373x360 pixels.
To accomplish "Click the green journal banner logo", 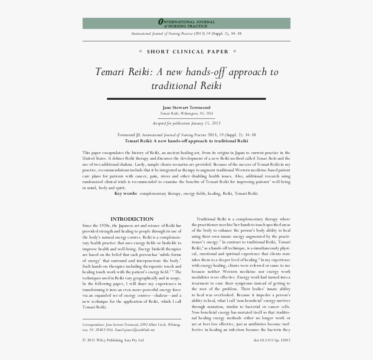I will (x=186, y=23).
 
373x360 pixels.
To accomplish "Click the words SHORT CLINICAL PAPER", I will (x=187, y=52).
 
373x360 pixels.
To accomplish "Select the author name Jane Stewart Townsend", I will (x=186, y=107).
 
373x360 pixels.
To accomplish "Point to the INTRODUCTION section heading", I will (x=132, y=219).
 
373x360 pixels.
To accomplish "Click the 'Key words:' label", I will (x=126, y=193).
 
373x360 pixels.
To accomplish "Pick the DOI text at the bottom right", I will (x=272, y=340).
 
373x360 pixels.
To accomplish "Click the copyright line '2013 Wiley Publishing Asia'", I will (x=115, y=340).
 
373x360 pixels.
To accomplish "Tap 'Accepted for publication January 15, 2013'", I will (x=186, y=123).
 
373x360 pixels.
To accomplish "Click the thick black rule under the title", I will (x=186, y=99).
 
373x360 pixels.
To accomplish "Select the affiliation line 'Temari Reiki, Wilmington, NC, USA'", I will (x=186, y=113).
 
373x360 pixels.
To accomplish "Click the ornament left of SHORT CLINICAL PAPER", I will (x=140, y=52).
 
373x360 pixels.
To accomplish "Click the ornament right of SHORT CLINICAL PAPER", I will (x=235, y=52).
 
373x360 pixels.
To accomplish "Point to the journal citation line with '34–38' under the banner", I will (x=186, y=33).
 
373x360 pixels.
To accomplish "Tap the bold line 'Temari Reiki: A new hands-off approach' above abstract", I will (x=186, y=141).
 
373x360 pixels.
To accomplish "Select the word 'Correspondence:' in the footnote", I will (x=93, y=324).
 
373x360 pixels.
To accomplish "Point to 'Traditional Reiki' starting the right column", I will (x=211, y=219).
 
